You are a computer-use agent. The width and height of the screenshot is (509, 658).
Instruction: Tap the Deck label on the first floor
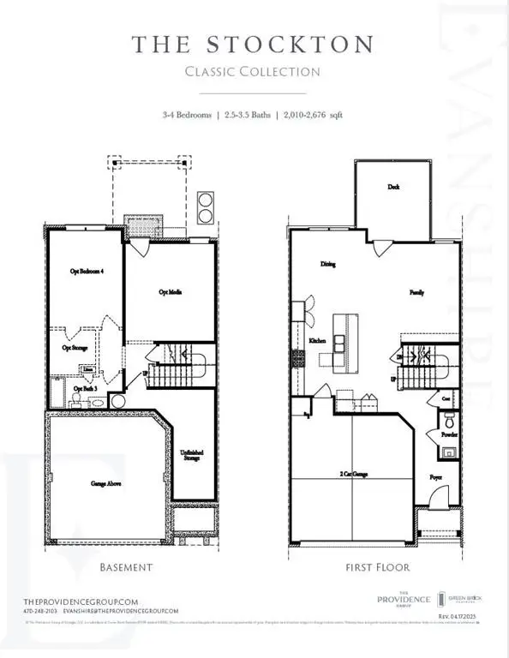click(393, 187)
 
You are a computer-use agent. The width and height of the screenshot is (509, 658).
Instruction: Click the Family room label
click(416, 292)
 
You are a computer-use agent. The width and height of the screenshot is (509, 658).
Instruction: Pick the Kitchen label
click(318, 340)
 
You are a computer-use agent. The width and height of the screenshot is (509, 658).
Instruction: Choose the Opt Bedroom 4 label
click(87, 271)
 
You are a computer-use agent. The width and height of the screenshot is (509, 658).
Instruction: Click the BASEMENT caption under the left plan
click(126, 567)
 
